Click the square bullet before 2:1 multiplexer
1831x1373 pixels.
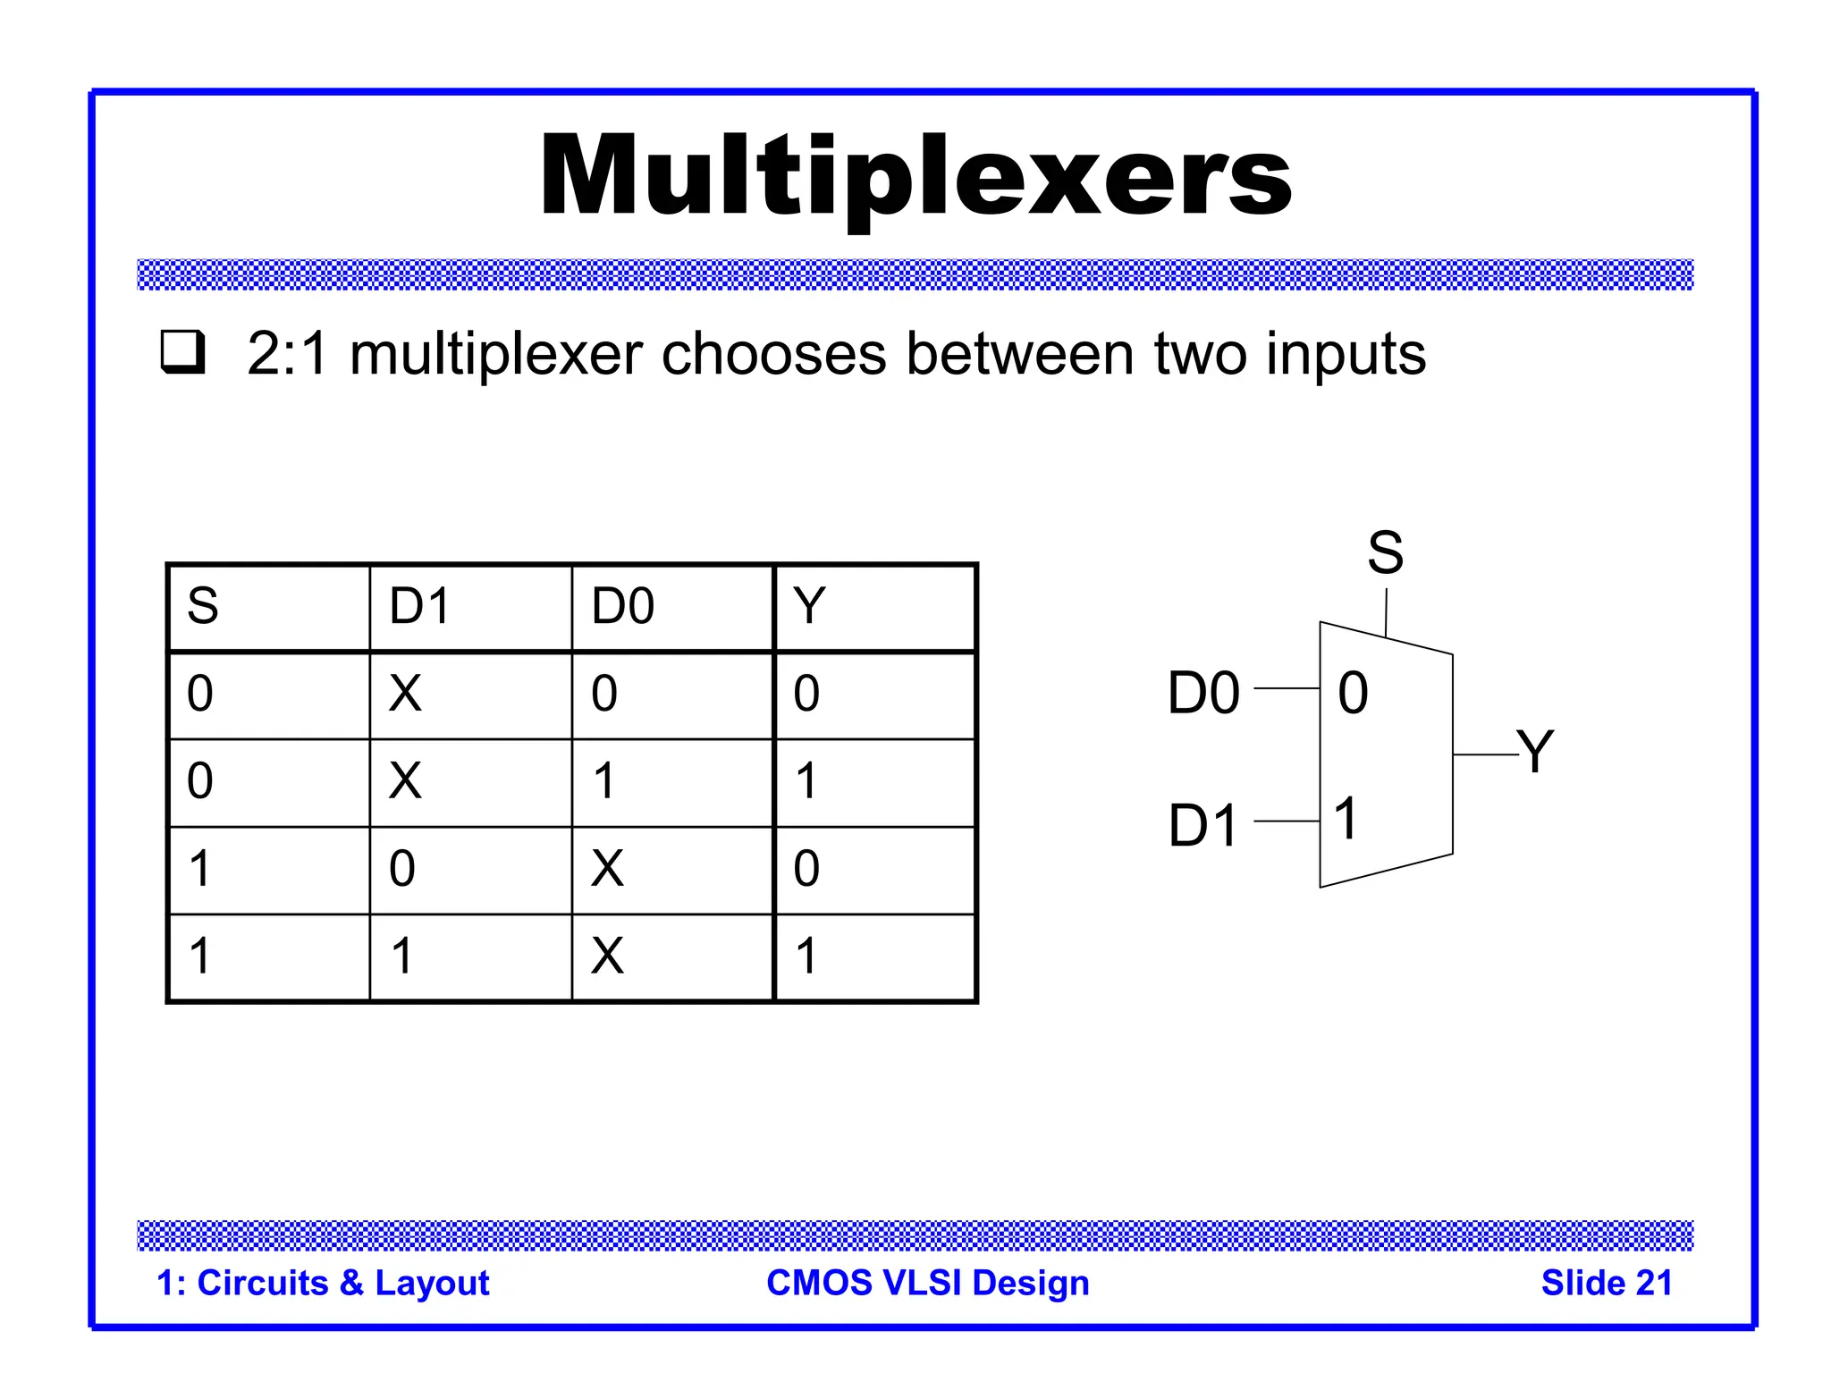click(x=182, y=352)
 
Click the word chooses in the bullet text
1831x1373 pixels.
click(x=773, y=354)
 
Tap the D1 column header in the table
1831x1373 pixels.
click(x=420, y=606)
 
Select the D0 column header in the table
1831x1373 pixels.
click(x=623, y=606)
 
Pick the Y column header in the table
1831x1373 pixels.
click(x=809, y=606)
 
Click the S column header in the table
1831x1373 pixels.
click(x=203, y=606)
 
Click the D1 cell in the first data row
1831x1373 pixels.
click(x=405, y=694)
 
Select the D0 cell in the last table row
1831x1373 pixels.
click(x=607, y=956)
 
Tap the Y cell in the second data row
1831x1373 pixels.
click(x=806, y=780)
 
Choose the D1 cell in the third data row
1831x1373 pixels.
click(x=402, y=868)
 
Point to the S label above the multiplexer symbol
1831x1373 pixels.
click(x=1385, y=552)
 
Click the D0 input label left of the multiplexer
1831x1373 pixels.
click(x=1203, y=693)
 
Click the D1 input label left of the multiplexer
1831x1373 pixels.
click(x=1202, y=825)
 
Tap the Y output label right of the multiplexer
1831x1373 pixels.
click(x=1536, y=751)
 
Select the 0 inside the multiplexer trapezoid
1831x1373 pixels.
click(x=1353, y=693)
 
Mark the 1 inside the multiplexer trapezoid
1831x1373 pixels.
click(x=1346, y=818)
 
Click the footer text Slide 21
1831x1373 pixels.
click(x=1606, y=1283)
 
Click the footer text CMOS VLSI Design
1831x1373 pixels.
click(x=928, y=1283)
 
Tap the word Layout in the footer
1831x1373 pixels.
click(x=432, y=1283)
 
